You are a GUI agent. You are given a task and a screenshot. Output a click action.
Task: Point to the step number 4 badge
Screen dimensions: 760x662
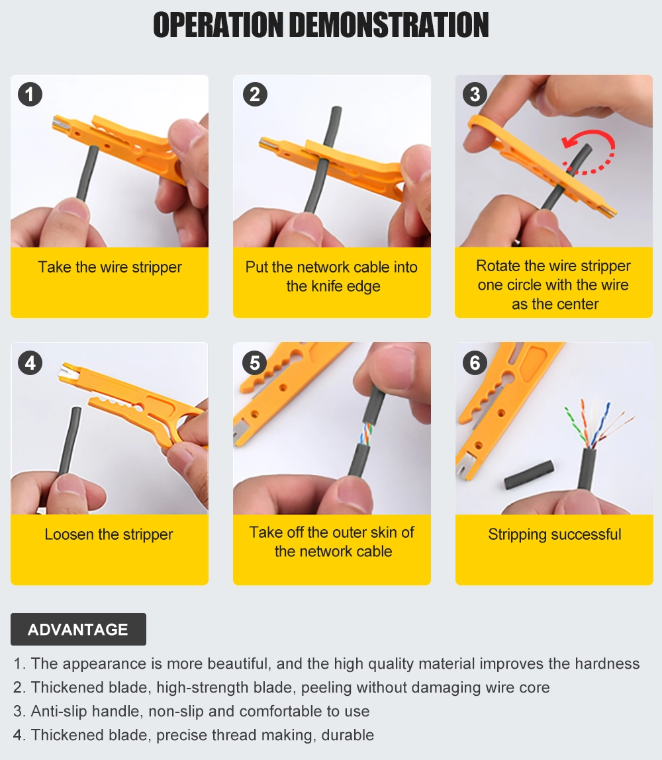click(30, 362)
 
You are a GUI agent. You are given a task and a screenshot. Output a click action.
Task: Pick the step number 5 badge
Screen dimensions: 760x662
click(255, 362)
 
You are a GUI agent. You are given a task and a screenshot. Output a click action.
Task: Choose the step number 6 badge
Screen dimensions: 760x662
click(475, 362)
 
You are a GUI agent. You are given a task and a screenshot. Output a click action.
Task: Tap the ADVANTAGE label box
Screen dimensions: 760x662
click(78, 629)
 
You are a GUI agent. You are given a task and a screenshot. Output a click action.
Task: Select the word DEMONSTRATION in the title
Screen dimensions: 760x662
click(389, 25)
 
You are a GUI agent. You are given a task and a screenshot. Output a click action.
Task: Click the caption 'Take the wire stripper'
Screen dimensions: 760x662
click(109, 268)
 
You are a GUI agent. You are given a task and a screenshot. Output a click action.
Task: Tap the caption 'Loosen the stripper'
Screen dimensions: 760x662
click(109, 534)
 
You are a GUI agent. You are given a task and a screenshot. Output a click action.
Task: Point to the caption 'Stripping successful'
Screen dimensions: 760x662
click(555, 534)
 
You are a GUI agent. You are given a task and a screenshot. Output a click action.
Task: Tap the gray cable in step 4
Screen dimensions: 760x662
click(69, 440)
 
